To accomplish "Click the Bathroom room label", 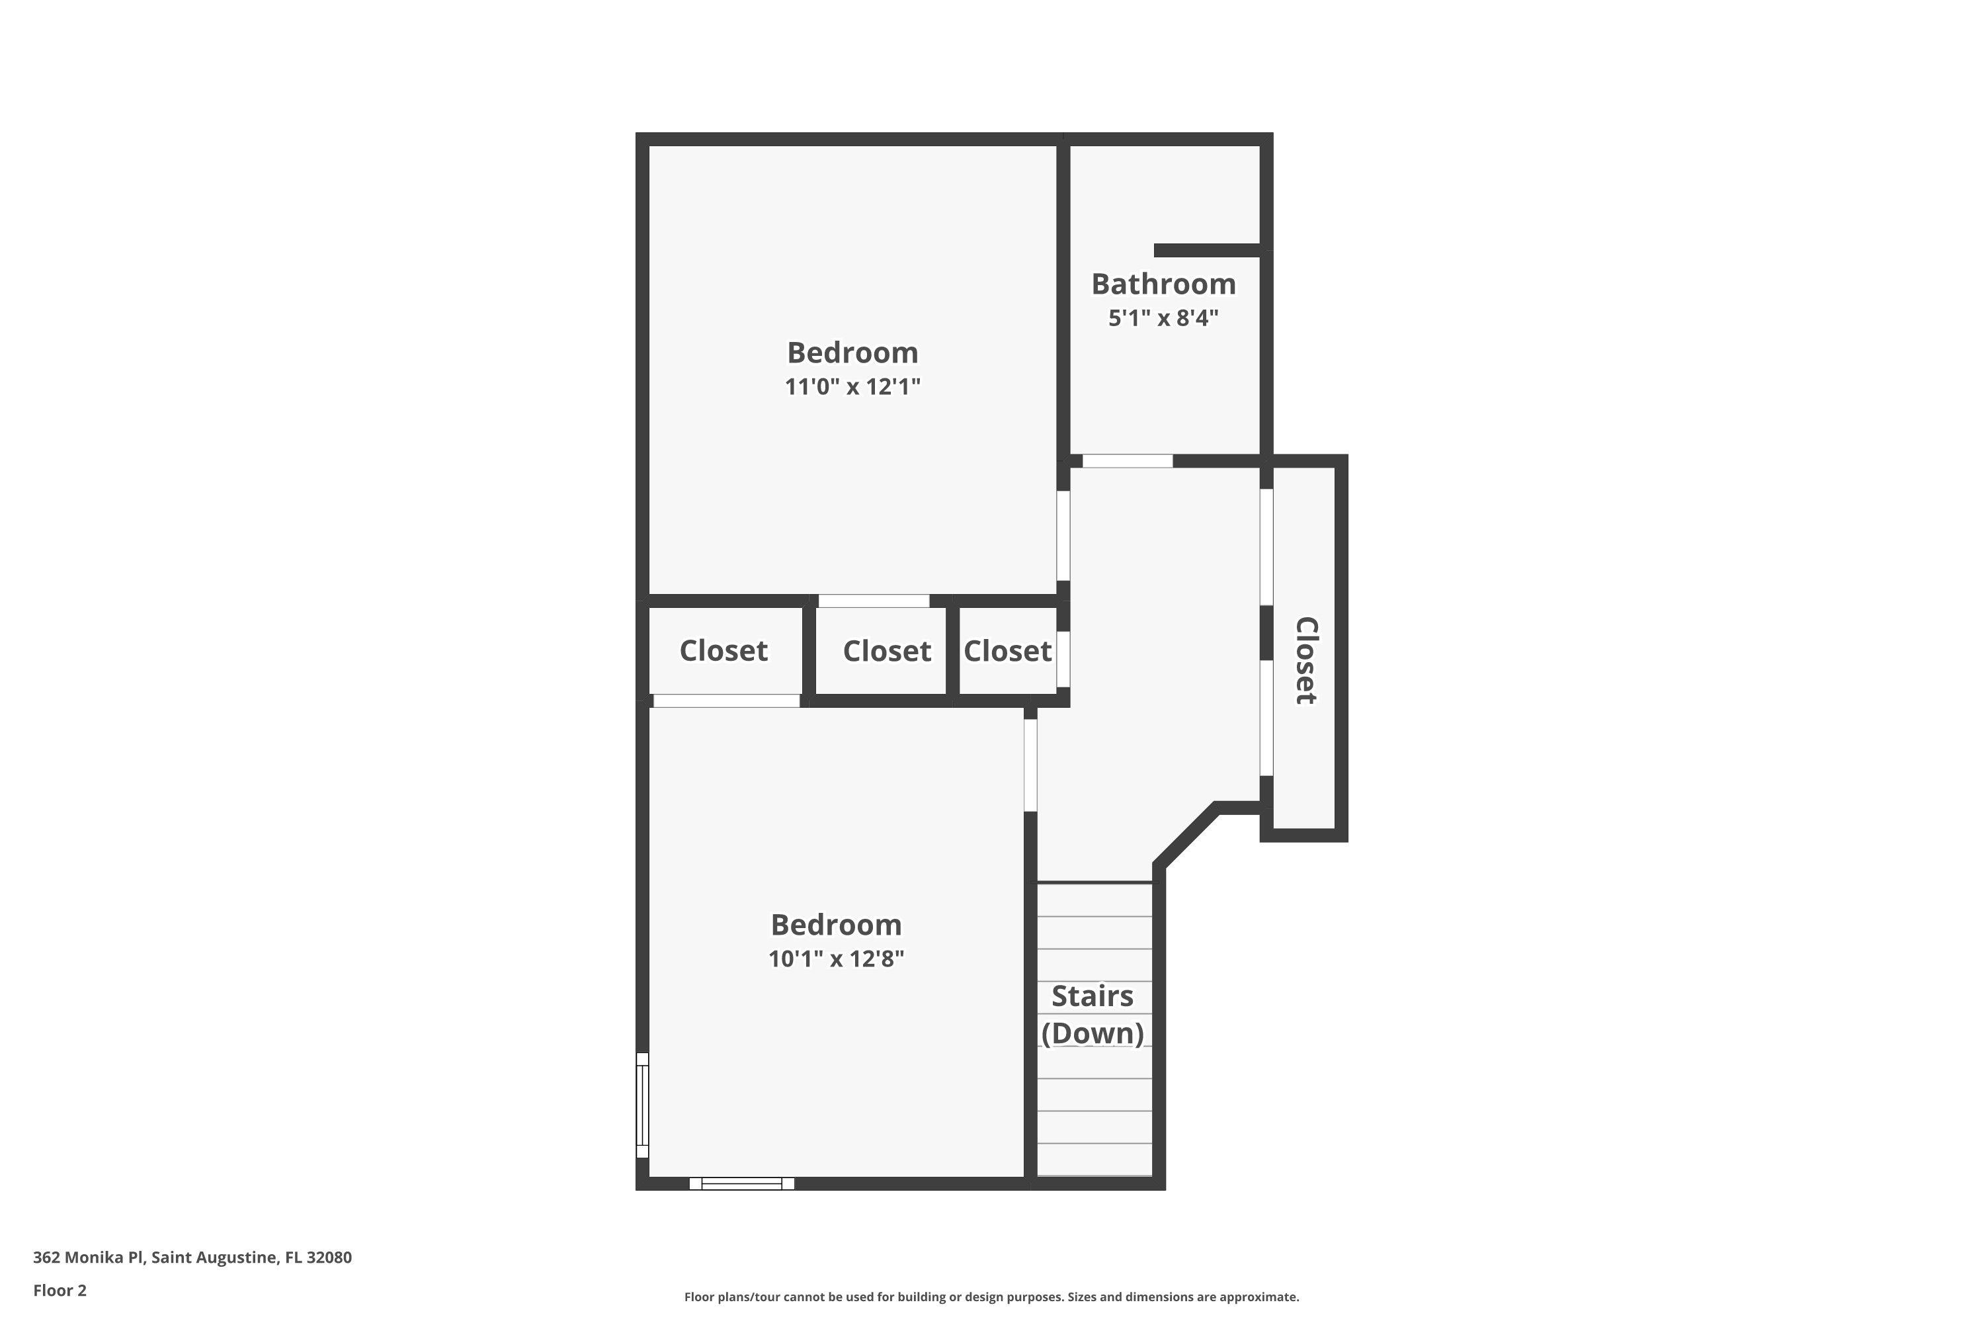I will [x=1163, y=284].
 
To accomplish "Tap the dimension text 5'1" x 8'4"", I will [x=1163, y=319].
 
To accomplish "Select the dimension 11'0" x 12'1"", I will [x=852, y=387].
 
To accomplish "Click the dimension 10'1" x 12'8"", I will [x=836, y=959].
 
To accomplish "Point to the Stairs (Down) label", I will [x=1093, y=1014].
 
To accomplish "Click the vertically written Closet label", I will [x=1305, y=661].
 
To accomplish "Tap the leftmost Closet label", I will [x=723, y=650].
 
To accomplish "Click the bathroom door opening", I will [x=1127, y=460].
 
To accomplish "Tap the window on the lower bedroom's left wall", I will [x=642, y=1105].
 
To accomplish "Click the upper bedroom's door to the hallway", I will [x=1063, y=535].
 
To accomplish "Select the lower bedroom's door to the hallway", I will [x=1030, y=765].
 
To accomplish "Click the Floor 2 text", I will [x=60, y=1290].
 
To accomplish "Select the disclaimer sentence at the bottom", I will [x=991, y=1297].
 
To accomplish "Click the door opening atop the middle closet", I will [x=874, y=601].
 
